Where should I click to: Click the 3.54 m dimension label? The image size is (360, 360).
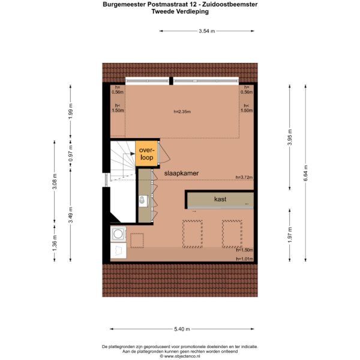point(206,31)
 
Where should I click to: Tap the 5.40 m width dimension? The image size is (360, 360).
point(182,329)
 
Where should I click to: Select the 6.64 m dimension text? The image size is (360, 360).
point(305,173)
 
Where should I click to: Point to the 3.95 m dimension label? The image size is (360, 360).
point(290,137)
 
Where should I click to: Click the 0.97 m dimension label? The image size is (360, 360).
point(71,153)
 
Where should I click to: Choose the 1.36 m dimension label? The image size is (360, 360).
point(55,243)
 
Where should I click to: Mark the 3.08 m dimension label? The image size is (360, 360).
point(55,182)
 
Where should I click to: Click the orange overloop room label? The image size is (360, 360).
point(147,154)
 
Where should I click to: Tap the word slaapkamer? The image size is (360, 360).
point(181,173)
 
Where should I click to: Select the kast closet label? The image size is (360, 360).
point(220,199)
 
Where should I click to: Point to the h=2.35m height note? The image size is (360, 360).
point(182,112)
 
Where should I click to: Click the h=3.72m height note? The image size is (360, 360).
point(244,177)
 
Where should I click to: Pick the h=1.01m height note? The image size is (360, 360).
point(245,259)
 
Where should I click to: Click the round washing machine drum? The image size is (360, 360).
point(118,234)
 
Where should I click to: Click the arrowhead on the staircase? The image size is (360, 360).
point(133,154)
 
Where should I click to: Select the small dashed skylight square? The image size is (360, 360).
point(137,241)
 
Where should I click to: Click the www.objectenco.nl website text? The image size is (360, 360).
point(182,356)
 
